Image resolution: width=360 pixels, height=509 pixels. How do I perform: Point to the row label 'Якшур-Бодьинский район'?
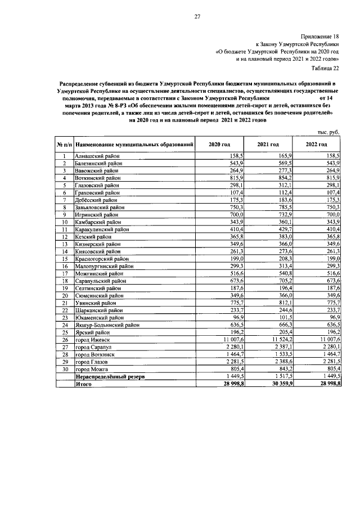tap(107, 325)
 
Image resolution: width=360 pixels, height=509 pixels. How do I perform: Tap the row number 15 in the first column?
tap(65, 258)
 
